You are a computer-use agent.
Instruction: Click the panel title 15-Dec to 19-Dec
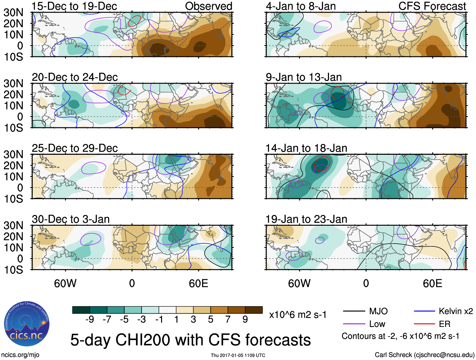74,6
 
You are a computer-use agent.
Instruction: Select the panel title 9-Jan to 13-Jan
304,77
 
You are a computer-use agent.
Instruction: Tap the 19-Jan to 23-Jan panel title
306,219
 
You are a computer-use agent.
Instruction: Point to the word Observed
209,6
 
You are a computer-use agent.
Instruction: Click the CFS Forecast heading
432,6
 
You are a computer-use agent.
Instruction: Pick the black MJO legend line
354,311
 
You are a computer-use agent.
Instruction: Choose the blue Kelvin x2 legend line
424,311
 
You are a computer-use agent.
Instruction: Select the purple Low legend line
354,324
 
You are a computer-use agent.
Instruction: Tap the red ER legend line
424,324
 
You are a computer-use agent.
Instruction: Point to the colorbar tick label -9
90,320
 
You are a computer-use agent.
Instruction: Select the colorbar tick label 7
228,320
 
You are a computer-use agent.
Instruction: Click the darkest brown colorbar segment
254,310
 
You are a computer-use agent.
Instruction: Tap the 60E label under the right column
432,283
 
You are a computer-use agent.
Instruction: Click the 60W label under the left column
65,283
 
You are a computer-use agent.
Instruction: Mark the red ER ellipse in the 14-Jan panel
322,164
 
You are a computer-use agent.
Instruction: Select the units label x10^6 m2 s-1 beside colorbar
298,315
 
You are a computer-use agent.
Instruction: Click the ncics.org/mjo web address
20,355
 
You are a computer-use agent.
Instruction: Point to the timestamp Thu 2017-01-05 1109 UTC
238,355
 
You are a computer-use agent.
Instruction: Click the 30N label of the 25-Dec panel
14,154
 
